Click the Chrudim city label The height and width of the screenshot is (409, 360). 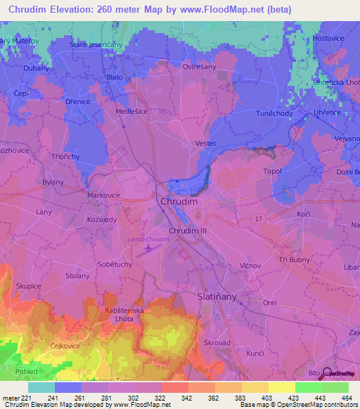click(x=180, y=201)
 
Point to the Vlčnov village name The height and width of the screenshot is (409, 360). click(x=250, y=266)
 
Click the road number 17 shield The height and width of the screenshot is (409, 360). click(x=258, y=220)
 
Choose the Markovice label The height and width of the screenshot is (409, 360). click(x=103, y=195)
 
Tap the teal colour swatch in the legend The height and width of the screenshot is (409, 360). click(x=41, y=387)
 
